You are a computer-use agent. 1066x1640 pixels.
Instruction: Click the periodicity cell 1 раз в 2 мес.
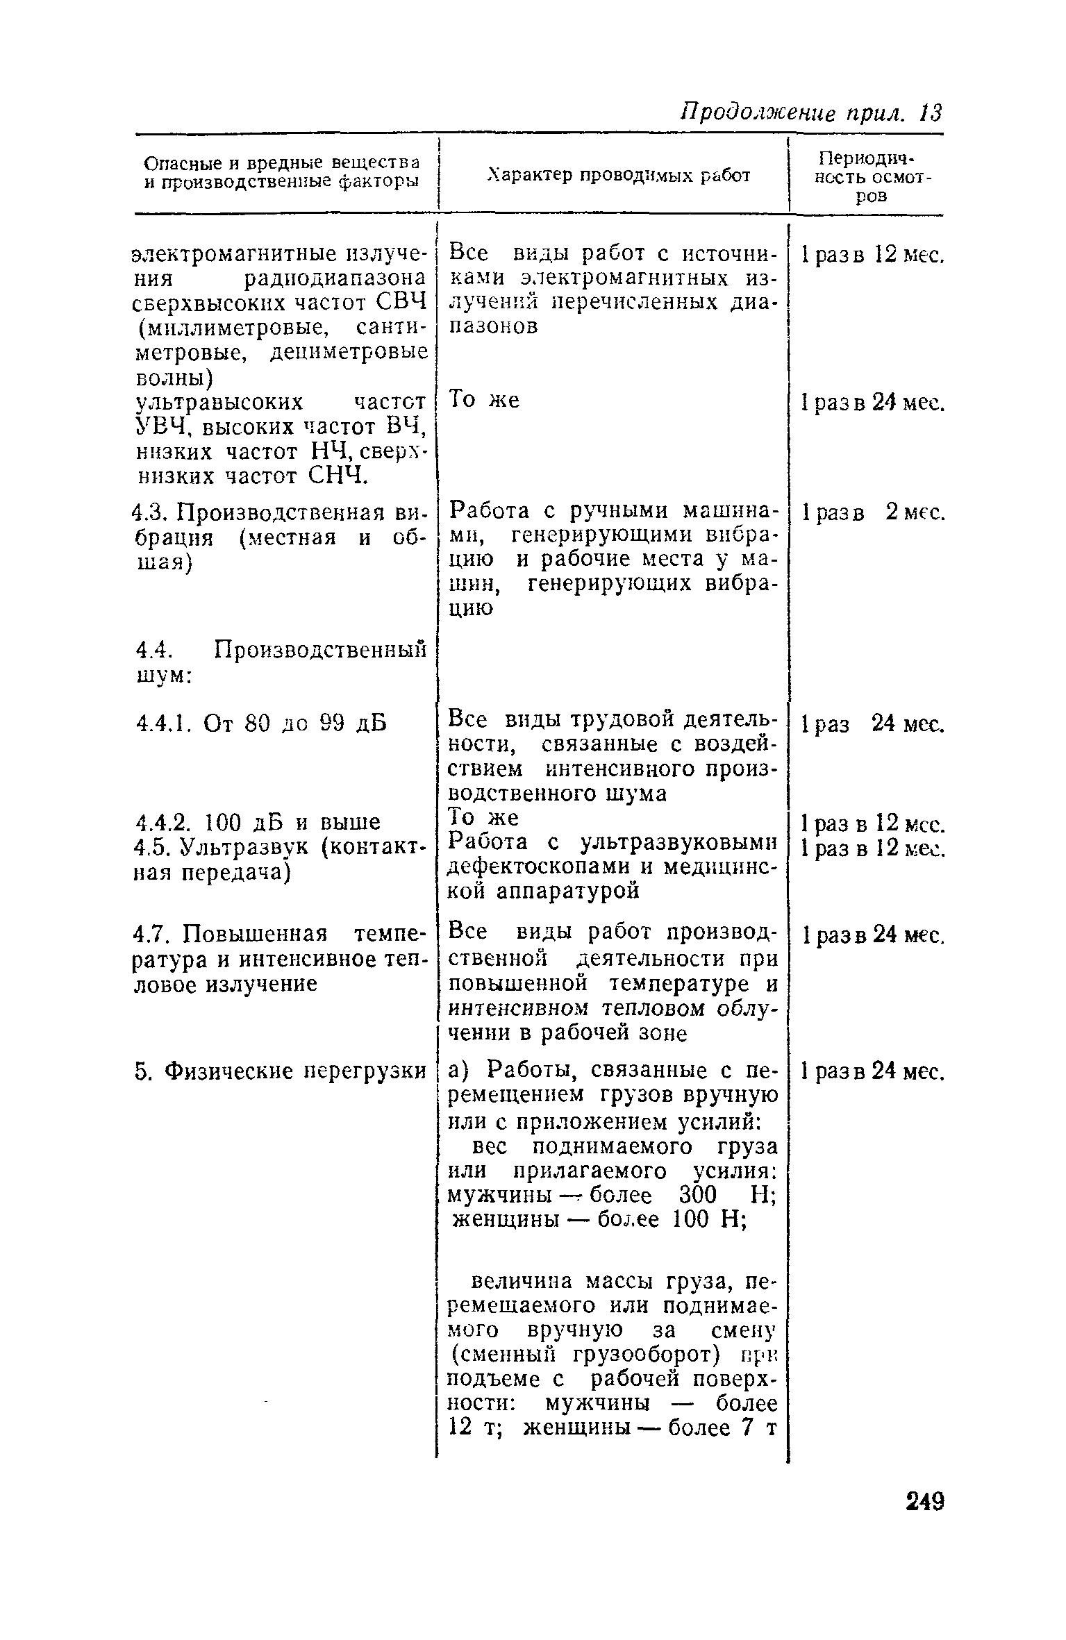[873, 512]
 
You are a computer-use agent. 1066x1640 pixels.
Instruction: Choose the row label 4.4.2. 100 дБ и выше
[258, 823]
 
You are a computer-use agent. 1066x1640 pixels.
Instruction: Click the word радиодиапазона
[335, 278]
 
